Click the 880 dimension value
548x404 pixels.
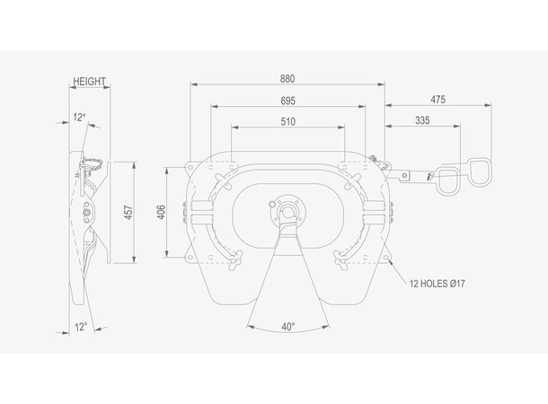point(287,79)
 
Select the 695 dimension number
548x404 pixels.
point(288,101)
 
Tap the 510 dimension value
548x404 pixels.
point(288,122)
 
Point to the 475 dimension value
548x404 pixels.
point(438,100)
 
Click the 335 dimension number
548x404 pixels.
point(422,121)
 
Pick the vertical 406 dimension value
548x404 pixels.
point(161,212)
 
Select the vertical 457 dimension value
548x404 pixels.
point(128,213)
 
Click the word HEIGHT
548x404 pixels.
point(89,82)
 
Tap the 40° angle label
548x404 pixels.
point(288,327)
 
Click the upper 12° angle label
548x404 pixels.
point(79,118)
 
